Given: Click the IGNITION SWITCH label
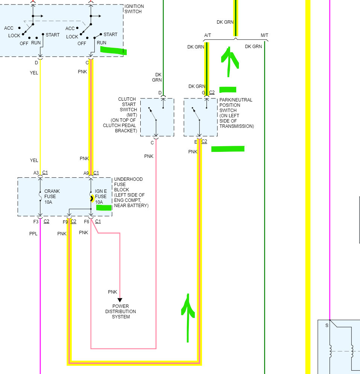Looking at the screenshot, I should [133, 9].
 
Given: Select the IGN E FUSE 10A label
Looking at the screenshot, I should [101, 196].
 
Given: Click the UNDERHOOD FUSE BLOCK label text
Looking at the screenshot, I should [131, 192].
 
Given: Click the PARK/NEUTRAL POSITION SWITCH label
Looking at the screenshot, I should [236, 113].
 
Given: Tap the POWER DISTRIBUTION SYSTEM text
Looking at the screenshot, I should [120, 312].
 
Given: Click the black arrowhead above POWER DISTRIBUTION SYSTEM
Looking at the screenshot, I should [120, 300].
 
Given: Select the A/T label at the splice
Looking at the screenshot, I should [208, 35].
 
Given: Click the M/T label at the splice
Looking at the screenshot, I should [264, 35].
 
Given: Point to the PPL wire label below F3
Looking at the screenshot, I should [33, 233].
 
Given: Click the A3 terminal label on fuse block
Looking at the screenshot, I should [36, 173].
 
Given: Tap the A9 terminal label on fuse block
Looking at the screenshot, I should [86, 173].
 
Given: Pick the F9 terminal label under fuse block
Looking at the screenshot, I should [65, 221].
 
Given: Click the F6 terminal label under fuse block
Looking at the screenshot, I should [87, 221].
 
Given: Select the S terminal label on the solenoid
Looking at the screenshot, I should [327, 325].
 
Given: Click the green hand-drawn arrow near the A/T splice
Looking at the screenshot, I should [230, 58].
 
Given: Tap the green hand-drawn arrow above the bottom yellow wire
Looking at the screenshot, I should [188, 316].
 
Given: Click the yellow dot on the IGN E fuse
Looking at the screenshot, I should [92, 198].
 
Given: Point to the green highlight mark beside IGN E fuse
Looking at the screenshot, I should [103, 207].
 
